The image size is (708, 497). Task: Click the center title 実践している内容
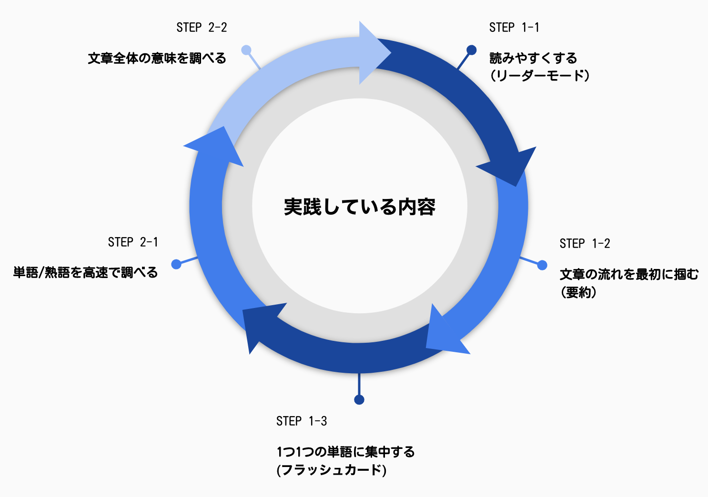[360, 207]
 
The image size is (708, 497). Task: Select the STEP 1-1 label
[514, 28]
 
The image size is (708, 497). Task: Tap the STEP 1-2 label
[585, 244]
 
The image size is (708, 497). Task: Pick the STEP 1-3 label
[302, 421]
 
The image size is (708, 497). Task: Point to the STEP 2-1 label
[133, 242]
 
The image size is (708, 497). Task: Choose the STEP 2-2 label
[202, 28]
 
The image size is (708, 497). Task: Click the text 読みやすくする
[533, 59]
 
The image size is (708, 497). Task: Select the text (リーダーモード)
[540, 76]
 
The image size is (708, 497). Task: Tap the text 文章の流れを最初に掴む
[629, 274]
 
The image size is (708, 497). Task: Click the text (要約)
[578, 292]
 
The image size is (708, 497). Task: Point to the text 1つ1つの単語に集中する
[345, 452]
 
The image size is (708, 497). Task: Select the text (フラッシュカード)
[331, 470]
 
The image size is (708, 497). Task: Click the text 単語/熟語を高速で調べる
[85, 273]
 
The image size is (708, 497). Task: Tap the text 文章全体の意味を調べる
[157, 59]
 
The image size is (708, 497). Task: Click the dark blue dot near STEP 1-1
[471, 50]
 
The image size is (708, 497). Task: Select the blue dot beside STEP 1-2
[542, 265]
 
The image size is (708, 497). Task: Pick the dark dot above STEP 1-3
[359, 399]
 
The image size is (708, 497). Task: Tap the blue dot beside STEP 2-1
[176, 264]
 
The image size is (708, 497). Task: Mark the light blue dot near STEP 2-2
[246, 50]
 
